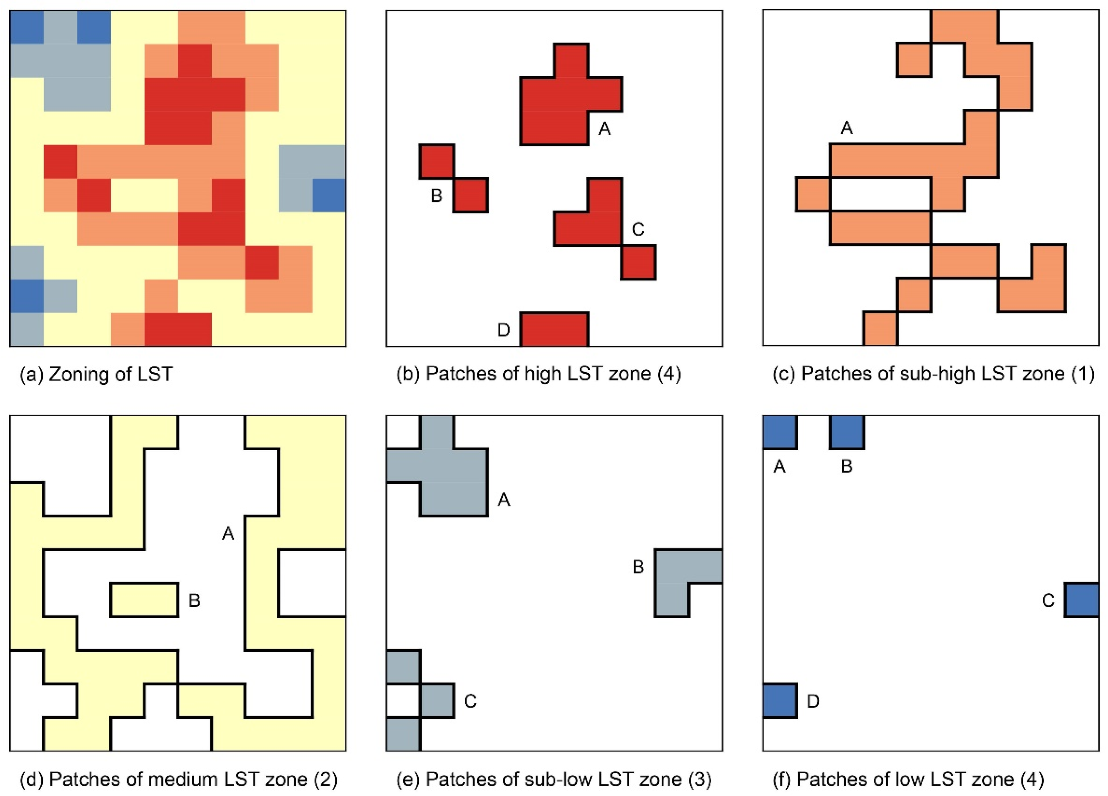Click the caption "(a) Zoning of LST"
(96, 374)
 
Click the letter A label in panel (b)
(604, 129)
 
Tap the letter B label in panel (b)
(436, 196)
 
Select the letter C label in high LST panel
(638, 229)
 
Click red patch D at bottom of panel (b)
(554, 330)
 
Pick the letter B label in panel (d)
(195, 600)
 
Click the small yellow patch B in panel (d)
(144, 600)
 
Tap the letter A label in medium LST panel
(228, 534)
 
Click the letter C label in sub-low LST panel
(470, 701)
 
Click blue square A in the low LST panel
(780, 432)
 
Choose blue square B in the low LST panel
(847, 432)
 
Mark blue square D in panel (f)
(780, 701)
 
